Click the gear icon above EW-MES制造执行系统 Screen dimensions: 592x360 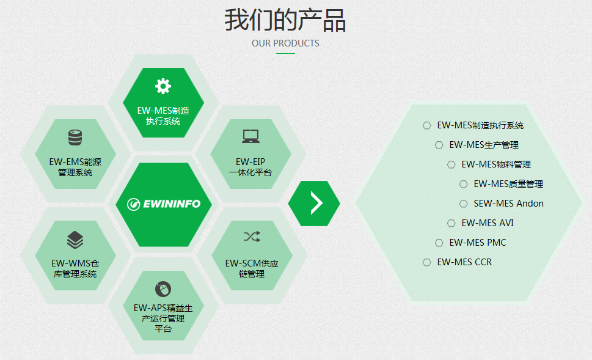[x=163, y=86]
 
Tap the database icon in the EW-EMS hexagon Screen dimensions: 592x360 [x=75, y=138]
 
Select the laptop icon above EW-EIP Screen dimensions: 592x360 [x=250, y=136]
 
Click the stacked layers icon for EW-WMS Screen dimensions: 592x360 [x=75, y=240]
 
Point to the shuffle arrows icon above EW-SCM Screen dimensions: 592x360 [x=252, y=237]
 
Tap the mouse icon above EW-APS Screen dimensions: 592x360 [x=163, y=289]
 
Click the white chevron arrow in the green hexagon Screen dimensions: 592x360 [x=316, y=203]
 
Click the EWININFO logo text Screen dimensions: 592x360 [x=172, y=204]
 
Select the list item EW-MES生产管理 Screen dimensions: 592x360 [x=484, y=145]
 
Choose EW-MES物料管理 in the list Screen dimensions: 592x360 [x=496, y=164]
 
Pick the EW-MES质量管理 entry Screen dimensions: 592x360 [x=508, y=184]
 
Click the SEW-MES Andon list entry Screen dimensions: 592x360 [x=508, y=204]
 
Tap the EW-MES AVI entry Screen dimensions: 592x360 [x=488, y=223]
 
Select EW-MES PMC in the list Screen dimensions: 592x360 [x=478, y=243]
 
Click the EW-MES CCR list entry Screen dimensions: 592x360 [x=464, y=262]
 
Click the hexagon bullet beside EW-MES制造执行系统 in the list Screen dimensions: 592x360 [x=426, y=125]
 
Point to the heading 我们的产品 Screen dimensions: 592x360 [x=285, y=20]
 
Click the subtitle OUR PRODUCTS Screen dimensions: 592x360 [x=285, y=43]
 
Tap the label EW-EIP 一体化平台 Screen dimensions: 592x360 [x=250, y=167]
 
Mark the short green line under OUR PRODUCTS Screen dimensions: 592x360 [x=285, y=53]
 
